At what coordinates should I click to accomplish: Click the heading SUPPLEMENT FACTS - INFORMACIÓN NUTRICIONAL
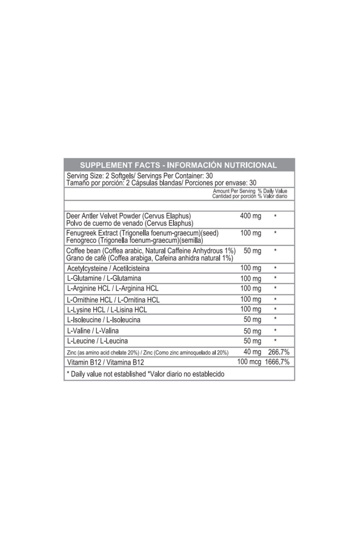178,165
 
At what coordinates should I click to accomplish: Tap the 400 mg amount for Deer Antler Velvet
250,216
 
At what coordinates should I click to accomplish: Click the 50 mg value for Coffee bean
252,251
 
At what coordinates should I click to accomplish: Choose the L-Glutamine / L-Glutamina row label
104,278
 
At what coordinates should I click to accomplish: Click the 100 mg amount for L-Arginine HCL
250,288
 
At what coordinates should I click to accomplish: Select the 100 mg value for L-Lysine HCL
250,309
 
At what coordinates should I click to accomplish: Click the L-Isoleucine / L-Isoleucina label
104,320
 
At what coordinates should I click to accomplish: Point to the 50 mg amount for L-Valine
252,331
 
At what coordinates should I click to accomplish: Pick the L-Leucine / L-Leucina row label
97,341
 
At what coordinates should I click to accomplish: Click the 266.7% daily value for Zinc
278,352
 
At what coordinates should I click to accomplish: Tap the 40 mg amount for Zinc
252,352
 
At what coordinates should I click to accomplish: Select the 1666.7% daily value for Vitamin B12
277,362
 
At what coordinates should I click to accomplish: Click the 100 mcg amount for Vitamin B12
249,362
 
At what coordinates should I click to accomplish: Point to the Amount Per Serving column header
234,191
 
